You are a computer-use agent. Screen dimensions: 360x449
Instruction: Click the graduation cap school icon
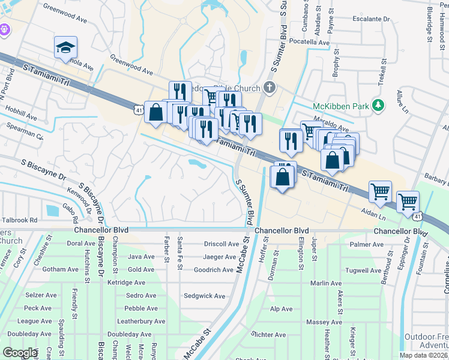[65, 47]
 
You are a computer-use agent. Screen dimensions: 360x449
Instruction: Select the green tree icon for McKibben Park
[378, 106]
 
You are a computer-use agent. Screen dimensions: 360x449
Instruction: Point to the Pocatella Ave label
[310, 43]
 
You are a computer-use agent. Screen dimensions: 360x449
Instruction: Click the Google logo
[19, 353]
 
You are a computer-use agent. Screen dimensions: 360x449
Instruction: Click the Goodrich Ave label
[214, 270]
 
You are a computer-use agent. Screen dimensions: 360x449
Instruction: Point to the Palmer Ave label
[367, 244]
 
